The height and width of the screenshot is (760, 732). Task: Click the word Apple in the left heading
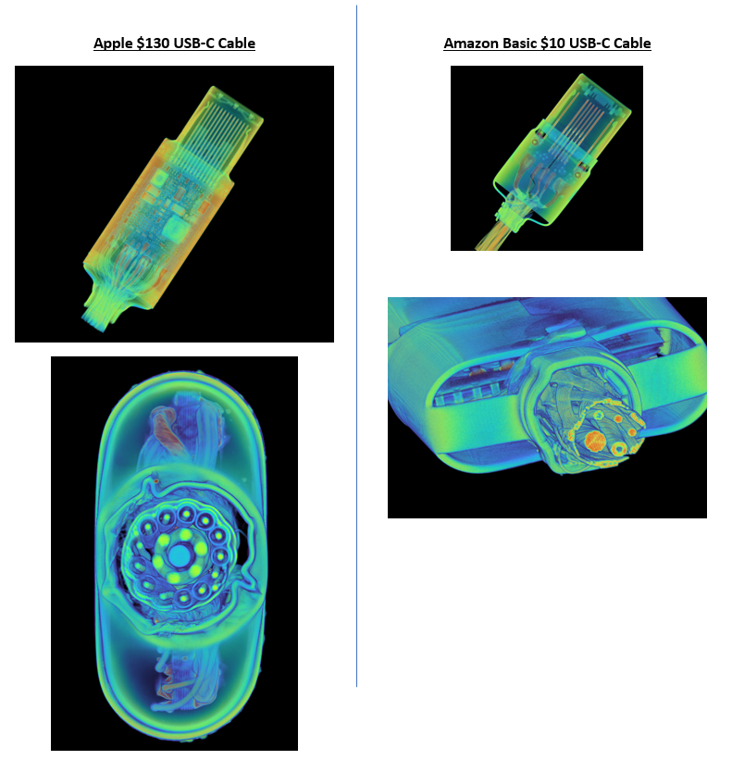point(113,44)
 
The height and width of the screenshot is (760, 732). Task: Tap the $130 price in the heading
point(153,44)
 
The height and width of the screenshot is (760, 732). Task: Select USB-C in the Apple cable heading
point(193,43)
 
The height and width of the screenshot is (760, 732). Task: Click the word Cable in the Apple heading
point(236,43)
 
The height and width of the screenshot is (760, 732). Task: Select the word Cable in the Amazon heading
point(632,43)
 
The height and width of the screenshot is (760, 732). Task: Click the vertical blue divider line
point(356,346)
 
